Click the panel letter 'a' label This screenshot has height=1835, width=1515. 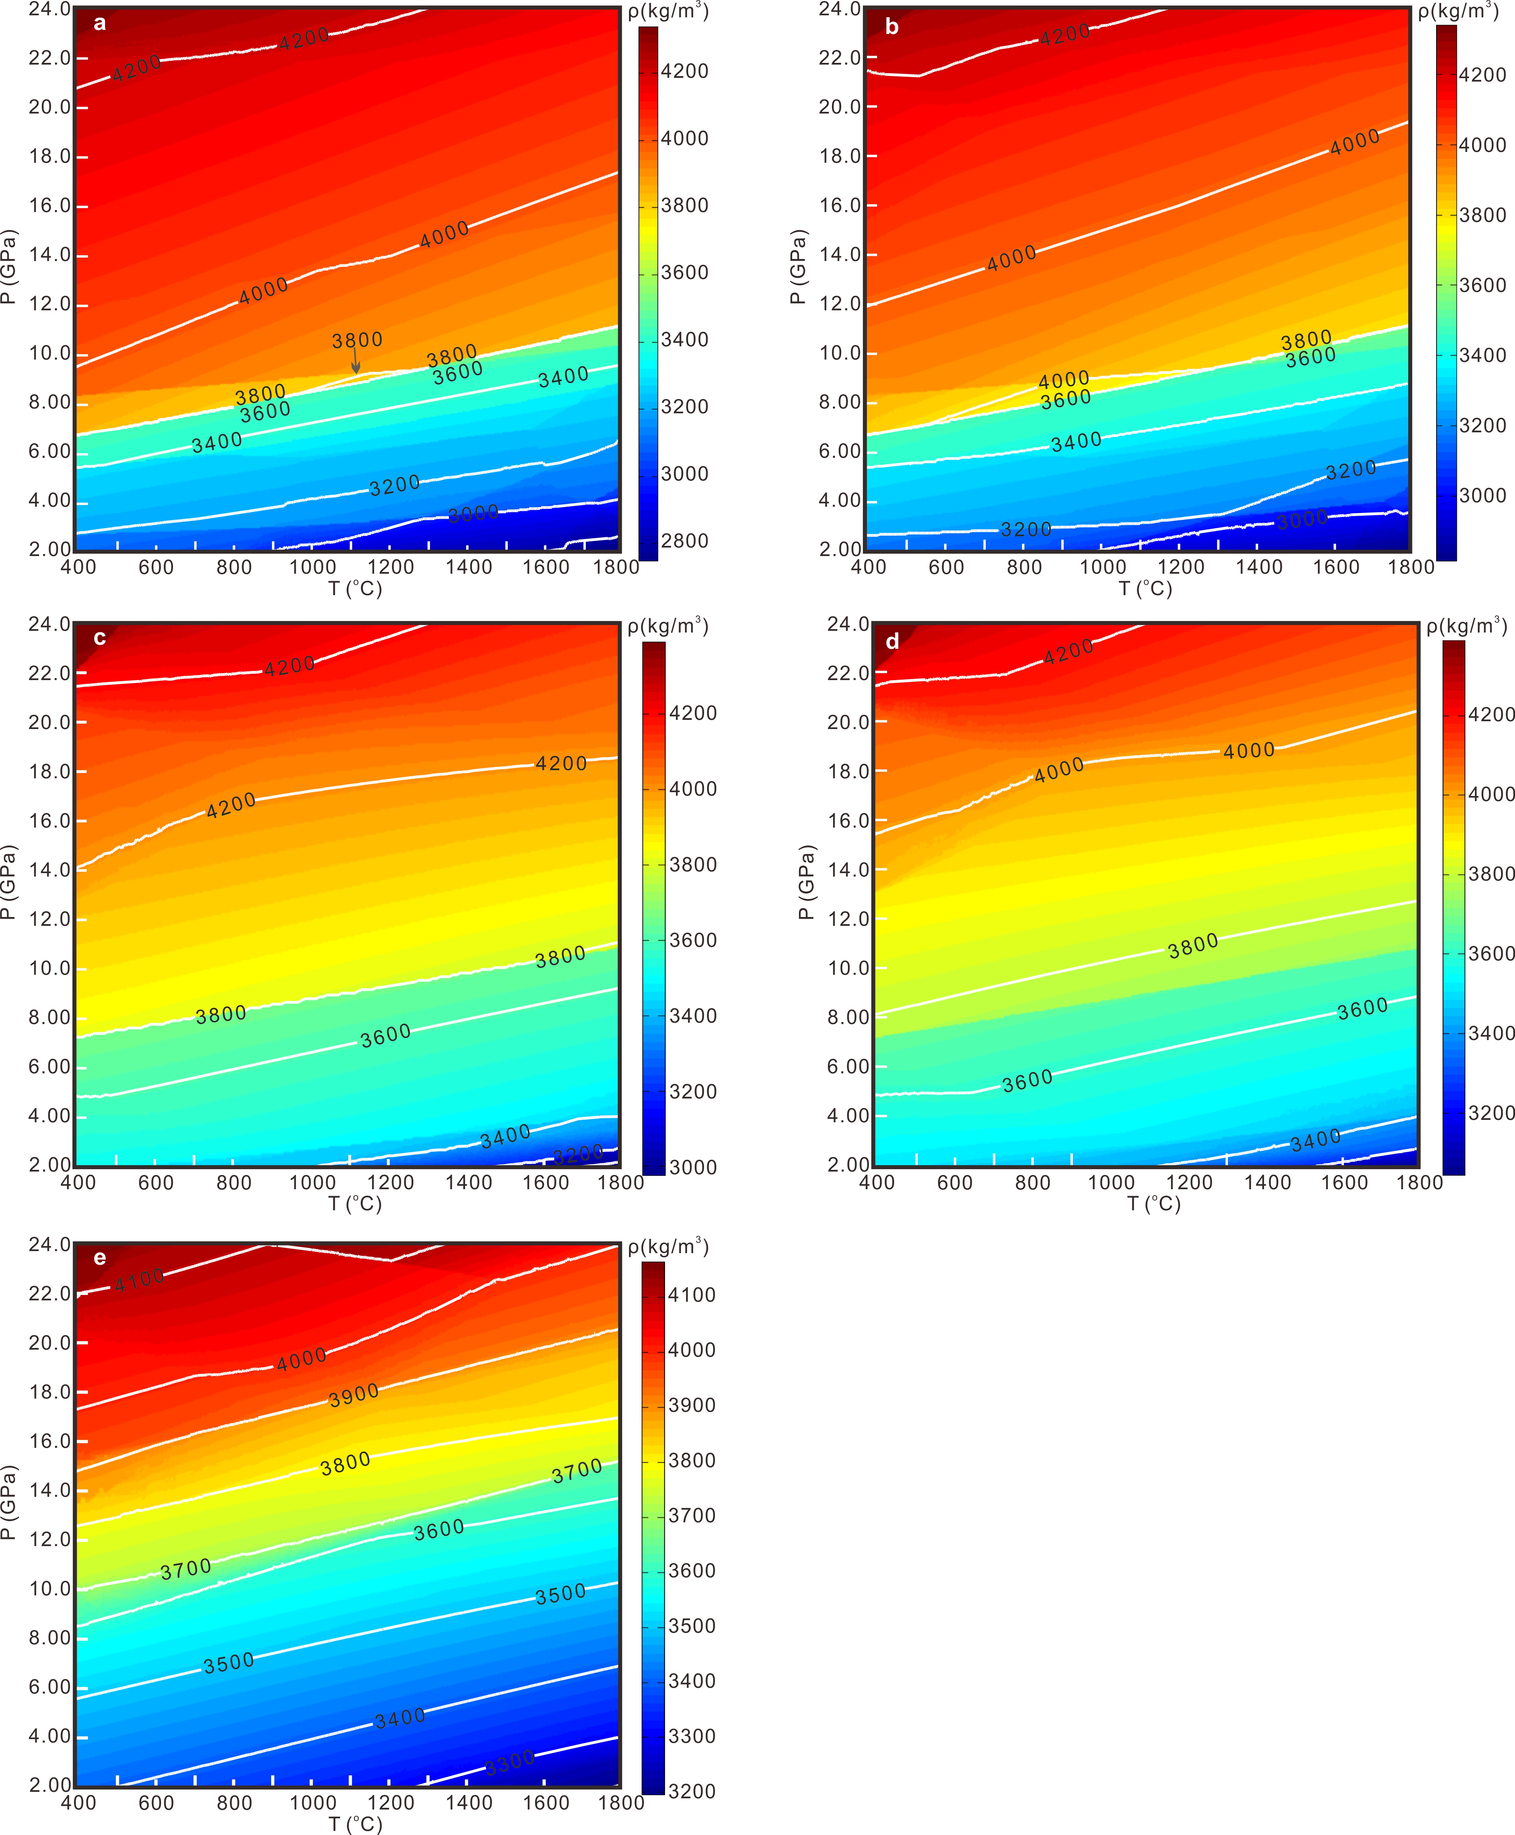click(100, 23)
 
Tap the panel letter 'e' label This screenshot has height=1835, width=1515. click(100, 1257)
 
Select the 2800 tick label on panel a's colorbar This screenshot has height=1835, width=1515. click(684, 541)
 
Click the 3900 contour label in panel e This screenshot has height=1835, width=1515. click(354, 1395)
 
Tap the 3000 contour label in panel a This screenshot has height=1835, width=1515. click(473, 514)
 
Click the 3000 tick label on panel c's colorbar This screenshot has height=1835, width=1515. click(693, 1167)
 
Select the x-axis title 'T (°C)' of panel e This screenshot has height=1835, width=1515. click(355, 1824)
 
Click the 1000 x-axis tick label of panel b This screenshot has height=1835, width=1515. click(1102, 567)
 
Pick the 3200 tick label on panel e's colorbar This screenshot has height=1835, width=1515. click(691, 1791)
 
